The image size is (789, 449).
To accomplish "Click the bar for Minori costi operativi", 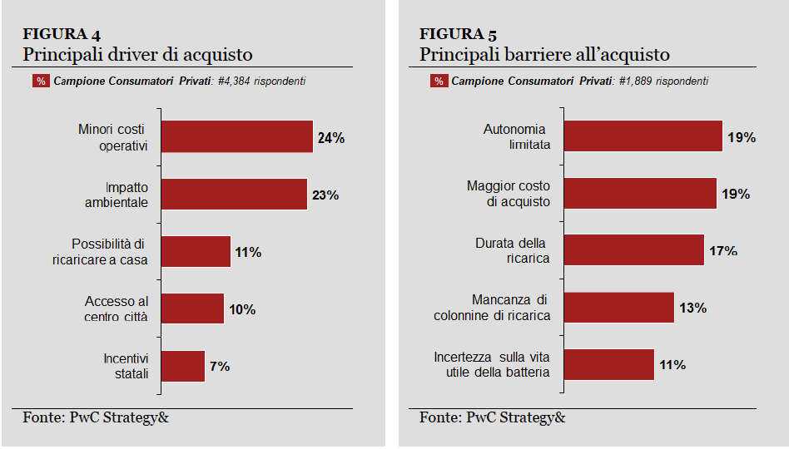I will point(236,136).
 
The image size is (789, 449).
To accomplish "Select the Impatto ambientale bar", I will point(233,194).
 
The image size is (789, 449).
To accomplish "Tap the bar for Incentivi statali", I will point(182,366).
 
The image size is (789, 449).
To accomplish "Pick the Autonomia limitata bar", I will point(642,136).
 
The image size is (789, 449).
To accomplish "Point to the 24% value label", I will point(330,138).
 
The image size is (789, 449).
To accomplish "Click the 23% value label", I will point(325,195).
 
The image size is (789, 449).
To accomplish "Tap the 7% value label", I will point(220,366).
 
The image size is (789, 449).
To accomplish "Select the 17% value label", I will point(723,250).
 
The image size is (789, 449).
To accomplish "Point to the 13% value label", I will point(692,308).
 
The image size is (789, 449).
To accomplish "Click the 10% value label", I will point(242,309).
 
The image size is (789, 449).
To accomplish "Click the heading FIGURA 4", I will point(62,34).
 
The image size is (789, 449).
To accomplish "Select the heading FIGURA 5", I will point(459,34).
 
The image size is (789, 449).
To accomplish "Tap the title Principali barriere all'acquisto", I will point(544,55).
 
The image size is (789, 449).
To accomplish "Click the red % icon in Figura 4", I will point(41,81).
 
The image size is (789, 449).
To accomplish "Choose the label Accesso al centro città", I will point(116,308).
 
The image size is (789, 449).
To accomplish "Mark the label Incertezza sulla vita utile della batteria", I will point(492,364).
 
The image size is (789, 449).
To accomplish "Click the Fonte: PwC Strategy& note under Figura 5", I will point(492,417).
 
